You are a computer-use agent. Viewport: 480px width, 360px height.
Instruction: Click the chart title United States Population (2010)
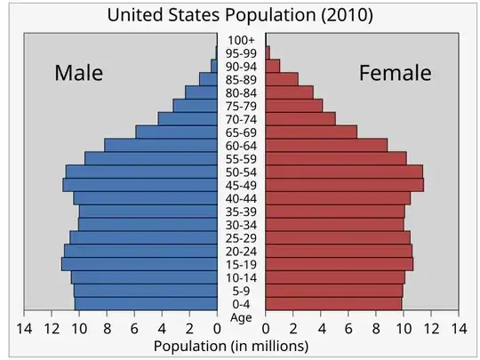pyautogui.click(x=240, y=16)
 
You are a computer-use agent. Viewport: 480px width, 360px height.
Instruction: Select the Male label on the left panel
pyautogui.click(x=78, y=73)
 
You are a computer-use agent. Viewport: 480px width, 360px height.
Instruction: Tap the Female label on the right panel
pyautogui.click(x=395, y=73)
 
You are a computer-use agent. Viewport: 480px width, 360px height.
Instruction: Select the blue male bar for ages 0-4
pyautogui.click(x=146, y=304)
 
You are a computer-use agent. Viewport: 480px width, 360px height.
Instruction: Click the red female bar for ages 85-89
pyautogui.click(x=282, y=79)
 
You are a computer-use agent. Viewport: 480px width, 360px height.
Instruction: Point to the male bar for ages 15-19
pyautogui.click(x=140, y=264)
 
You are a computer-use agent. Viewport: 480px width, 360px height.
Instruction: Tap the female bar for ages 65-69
pyautogui.click(x=311, y=132)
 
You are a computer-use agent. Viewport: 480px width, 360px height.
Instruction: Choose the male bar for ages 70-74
pyautogui.click(x=188, y=118)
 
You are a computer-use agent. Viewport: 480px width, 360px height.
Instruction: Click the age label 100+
pyautogui.click(x=241, y=40)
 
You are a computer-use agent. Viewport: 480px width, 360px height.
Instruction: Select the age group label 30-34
pyautogui.click(x=241, y=225)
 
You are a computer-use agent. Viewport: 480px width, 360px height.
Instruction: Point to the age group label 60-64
pyautogui.click(x=241, y=146)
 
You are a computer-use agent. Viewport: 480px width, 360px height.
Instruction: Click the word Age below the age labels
pyautogui.click(x=241, y=317)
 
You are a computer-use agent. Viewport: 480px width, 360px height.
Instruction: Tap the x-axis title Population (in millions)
pyautogui.click(x=231, y=345)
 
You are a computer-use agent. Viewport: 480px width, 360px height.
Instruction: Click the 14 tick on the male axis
pyautogui.click(x=25, y=328)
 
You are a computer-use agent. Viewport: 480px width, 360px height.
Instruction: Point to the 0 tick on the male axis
pyautogui.click(x=217, y=328)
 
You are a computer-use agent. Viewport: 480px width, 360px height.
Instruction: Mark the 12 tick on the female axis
pyautogui.click(x=431, y=328)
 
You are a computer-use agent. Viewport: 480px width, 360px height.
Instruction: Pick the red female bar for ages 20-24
pyautogui.click(x=339, y=251)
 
